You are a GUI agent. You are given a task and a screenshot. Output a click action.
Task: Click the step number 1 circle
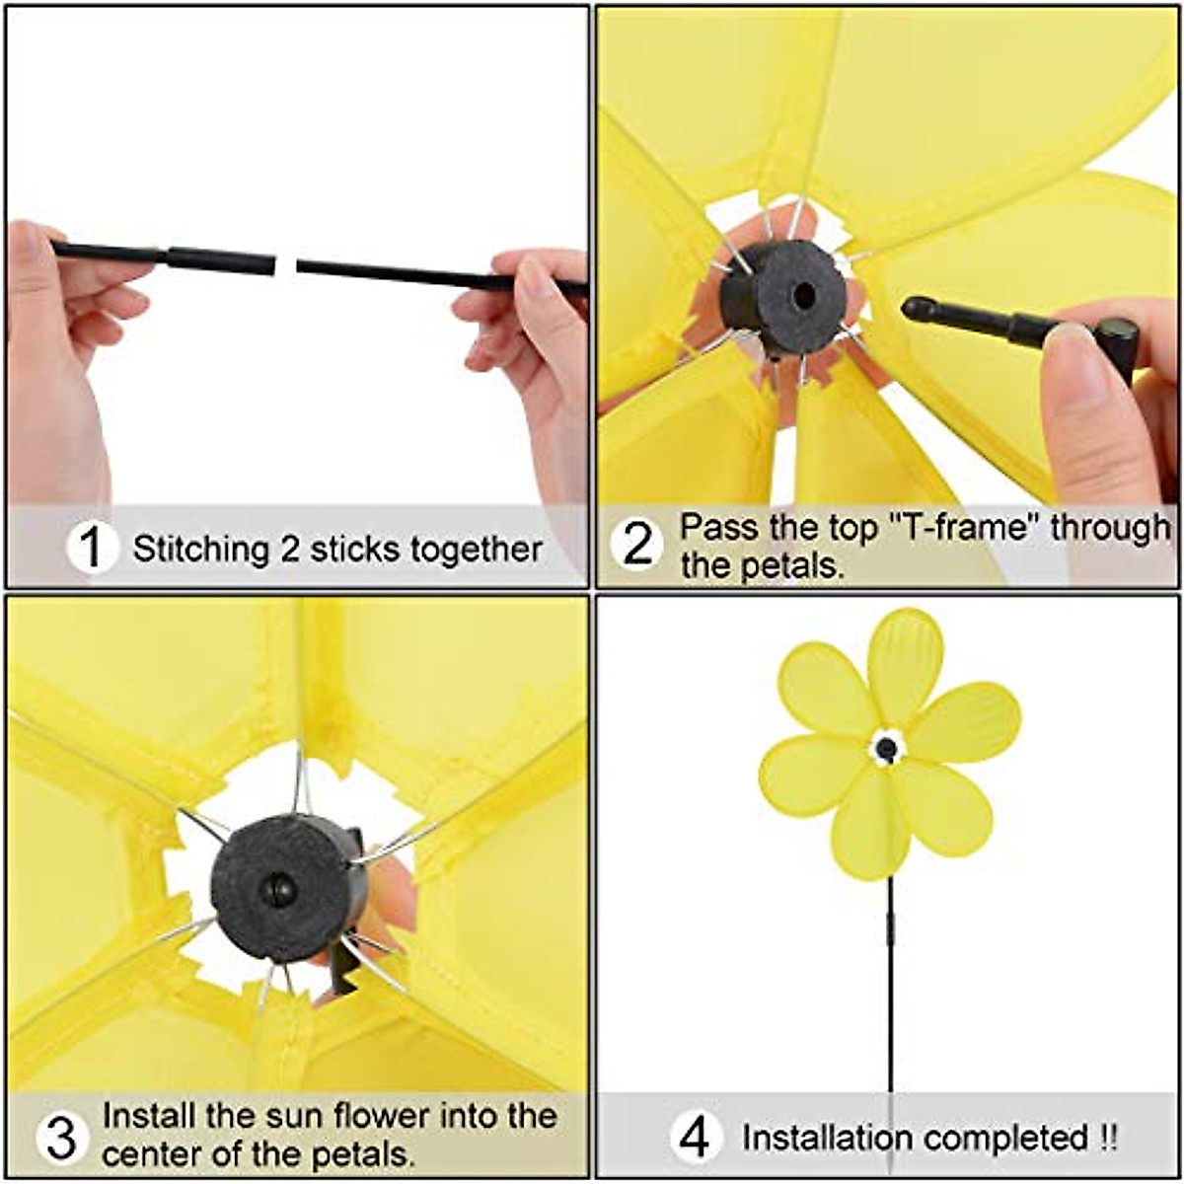click(92, 548)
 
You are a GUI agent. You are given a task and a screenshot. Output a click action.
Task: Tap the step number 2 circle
click(638, 544)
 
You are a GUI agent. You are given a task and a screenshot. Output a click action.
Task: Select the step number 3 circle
click(61, 1138)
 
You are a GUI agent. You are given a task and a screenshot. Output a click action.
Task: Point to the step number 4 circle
click(696, 1138)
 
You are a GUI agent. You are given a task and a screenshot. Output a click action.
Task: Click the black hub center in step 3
click(278, 889)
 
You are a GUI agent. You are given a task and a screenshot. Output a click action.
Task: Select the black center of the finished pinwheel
click(887, 748)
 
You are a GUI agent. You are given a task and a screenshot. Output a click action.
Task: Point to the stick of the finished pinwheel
click(891, 987)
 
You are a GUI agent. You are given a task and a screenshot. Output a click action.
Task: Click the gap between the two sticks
click(286, 264)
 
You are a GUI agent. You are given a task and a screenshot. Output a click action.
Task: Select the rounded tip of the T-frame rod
click(915, 309)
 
